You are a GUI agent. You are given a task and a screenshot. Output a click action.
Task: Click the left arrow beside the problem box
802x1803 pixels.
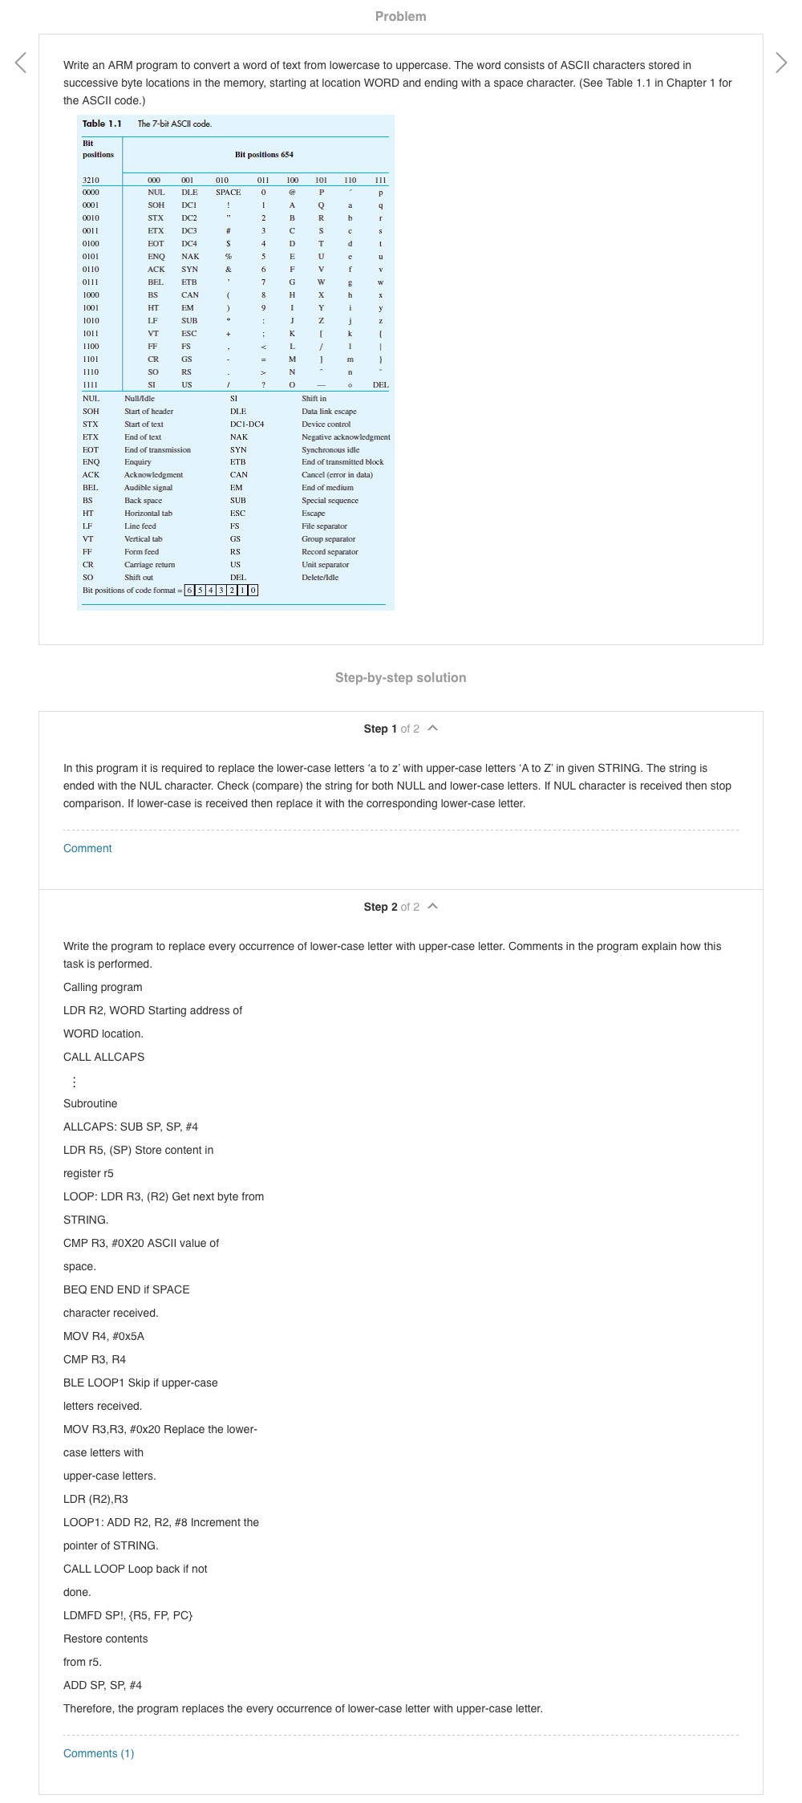tap(21, 63)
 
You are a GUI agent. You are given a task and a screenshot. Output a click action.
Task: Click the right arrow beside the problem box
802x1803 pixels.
tap(781, 63)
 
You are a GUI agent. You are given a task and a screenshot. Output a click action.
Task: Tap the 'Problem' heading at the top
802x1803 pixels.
tap(400, 16)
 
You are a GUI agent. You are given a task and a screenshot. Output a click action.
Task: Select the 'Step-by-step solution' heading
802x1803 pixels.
tap(400, 677)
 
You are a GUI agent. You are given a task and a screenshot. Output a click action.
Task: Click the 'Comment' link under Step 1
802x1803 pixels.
tap(87, 848)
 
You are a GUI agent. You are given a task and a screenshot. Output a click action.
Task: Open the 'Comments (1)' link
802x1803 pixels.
tap(99, 1753)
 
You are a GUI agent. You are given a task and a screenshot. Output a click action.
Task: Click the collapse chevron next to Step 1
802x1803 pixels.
tap(433, 729)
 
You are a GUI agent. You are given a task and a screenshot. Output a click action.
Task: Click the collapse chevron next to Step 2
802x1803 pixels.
tap(433, 907)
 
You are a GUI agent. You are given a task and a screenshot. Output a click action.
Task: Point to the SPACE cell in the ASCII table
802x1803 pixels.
tap(228, 193)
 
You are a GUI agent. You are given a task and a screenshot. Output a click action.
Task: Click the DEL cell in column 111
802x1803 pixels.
tap(380, 385)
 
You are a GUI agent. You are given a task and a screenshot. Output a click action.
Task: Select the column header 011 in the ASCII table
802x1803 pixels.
tap(262, 180)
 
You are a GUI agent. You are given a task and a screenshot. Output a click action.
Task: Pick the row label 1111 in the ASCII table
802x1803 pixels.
tap(91, 385)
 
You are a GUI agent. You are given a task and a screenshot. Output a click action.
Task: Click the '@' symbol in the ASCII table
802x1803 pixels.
tap(292, 193)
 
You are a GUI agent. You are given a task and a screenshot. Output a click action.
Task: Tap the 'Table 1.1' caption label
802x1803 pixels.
tap(102, 124)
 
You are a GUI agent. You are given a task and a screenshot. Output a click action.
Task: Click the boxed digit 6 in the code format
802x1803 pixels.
tap(189, 591)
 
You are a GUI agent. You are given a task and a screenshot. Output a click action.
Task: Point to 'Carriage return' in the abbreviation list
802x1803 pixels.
tap(149, 565)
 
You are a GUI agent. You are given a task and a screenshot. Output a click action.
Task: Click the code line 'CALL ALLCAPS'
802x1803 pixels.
tap(103, 1057)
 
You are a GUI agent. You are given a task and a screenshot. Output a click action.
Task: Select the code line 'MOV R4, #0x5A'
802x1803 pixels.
tap(103, 1336)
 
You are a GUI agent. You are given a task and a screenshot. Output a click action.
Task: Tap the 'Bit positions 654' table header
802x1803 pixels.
tap(264, 154)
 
